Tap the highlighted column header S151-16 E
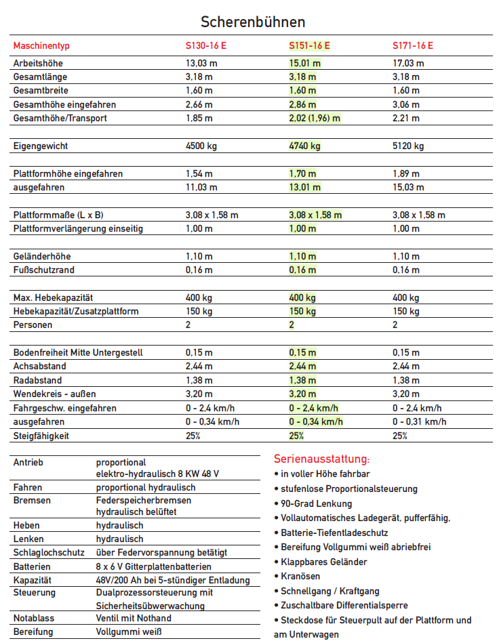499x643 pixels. pos(309,46)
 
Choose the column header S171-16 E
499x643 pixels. pos(413,46)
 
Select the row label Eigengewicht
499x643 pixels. pos(41,146)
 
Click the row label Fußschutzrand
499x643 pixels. pos(44,270)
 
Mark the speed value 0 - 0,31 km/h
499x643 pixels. pos(420,421)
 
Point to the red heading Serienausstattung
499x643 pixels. pos(322,459)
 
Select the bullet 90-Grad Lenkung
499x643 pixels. pos(315,503)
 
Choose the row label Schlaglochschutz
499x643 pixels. pos(47,553)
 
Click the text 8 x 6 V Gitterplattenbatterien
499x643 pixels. pos(153,566)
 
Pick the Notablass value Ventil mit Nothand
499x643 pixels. pos(134,618)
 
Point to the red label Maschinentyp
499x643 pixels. pos(41,46)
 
